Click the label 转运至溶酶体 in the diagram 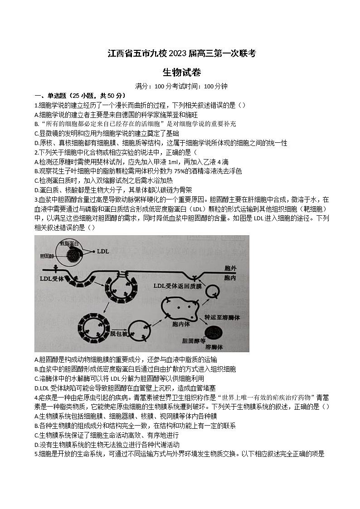click(222, 317)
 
